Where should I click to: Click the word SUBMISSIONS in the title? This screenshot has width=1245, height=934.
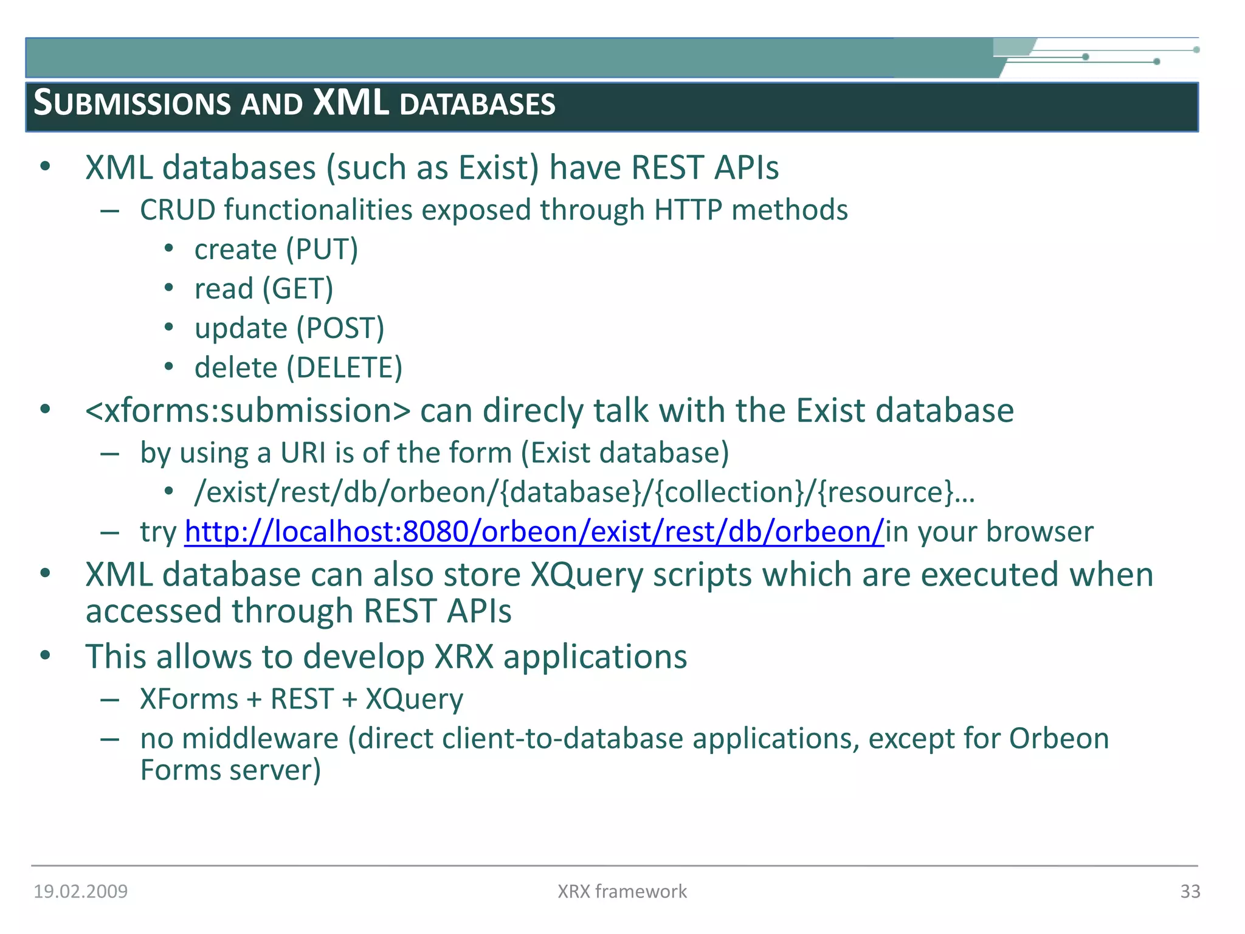point(132,103)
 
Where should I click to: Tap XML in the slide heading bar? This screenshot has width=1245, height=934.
point(351,102)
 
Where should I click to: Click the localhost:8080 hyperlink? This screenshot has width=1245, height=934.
point(534,531)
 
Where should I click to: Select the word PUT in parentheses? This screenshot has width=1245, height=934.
point(322,249)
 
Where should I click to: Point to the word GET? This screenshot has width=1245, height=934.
point(297,289)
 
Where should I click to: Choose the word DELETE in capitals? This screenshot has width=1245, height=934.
point(344,368)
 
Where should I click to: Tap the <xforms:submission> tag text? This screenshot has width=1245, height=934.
point(248,411)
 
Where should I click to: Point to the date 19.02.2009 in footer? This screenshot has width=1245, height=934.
point(80,891)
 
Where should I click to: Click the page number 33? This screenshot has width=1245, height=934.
point(1190,891)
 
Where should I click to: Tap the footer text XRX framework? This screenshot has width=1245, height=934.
point(622,891)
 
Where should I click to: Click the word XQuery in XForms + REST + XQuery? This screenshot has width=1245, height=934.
point(414,699)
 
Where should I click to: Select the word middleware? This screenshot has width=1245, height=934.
point(260,739)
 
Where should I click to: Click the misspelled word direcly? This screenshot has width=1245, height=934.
point(533,411)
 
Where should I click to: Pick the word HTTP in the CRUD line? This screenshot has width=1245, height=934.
point(688,210)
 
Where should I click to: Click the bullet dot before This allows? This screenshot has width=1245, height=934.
point(45,656)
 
